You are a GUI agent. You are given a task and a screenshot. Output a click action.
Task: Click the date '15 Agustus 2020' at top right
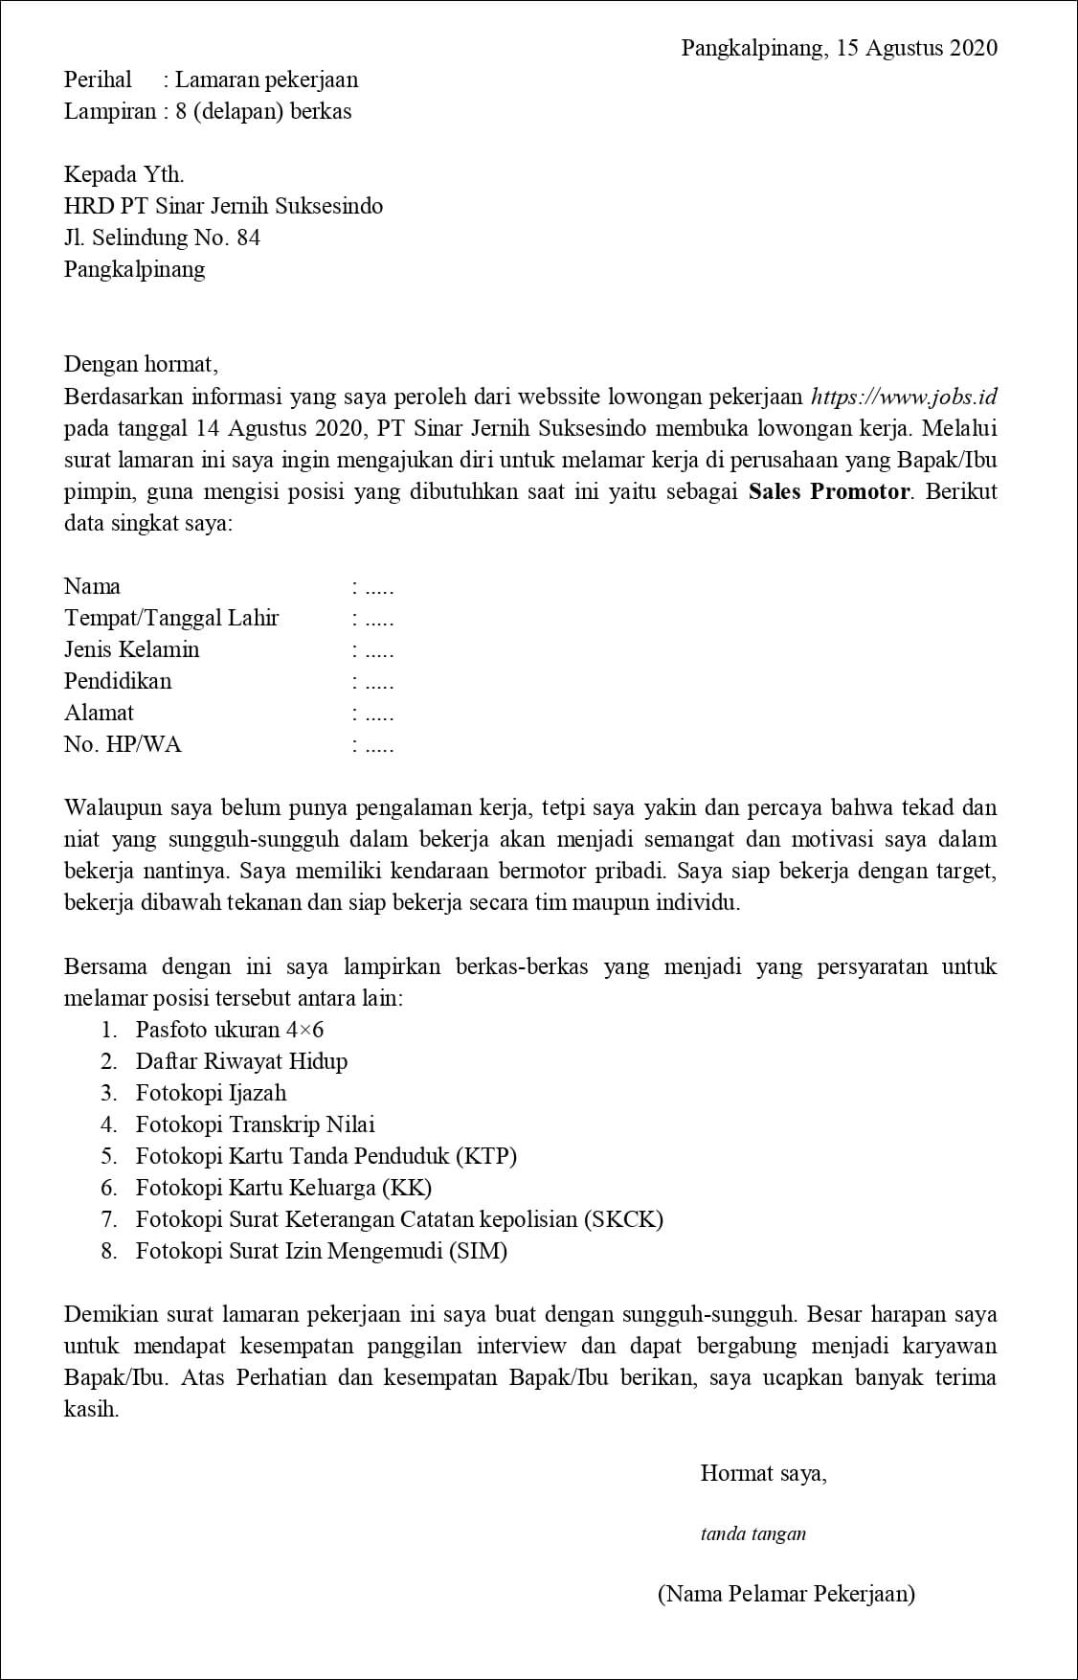pyautogui.click(x=916, y=48)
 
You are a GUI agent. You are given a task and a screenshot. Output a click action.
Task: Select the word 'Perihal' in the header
pyautogui.click(x=98, y=79)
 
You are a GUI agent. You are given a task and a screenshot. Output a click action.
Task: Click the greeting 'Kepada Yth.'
pyautogui.click(x=124, y=174)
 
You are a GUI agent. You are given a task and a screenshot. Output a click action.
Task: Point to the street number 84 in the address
pyautogui.click(x=248, y=238)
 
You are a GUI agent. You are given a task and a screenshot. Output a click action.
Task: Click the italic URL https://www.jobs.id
pyautogui.click(x=904, y=397)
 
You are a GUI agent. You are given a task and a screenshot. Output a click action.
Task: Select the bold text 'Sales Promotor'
pyautogui.click(x=829, y=491)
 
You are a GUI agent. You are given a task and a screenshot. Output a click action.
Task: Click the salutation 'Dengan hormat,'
pyautogui.click(x=141, y=364)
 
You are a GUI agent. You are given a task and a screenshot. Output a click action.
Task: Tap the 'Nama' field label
pyautogui.click(x=92, y=586)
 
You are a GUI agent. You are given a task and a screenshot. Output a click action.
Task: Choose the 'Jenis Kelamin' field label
pyautogui.click(x=131, y=649)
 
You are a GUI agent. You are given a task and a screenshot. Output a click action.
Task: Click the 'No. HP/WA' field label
pyautogui.click(x=122, y=744)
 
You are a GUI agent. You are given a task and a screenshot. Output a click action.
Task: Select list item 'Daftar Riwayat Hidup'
pyautogui.click(x=241, y=1061)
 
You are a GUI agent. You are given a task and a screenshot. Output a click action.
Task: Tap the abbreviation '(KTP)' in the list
pyautogui.click(x=485, y=1156)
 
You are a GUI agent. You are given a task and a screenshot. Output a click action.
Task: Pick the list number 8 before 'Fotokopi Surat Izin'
pyautogui.click(x=109, y=1251)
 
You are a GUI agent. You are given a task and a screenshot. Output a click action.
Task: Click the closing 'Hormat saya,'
pyautogui.click(x=763, y=1473)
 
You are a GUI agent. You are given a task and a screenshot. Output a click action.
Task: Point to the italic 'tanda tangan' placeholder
pyautogui.click(x=752, y=1533)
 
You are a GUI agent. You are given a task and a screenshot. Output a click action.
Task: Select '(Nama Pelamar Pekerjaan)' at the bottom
pyautogui.click(x=786, y=1594)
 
